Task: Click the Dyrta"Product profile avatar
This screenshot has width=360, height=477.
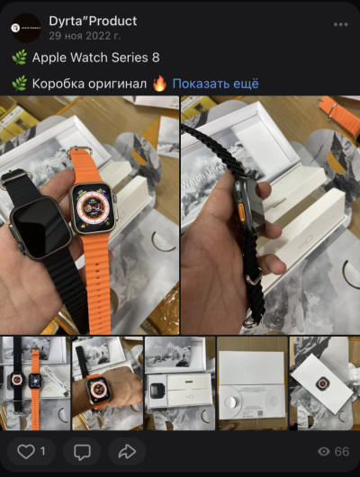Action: tap(27, 28)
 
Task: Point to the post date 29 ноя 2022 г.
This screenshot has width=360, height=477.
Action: tap(85, 35)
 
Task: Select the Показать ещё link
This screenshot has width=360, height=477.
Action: tap(216, 84)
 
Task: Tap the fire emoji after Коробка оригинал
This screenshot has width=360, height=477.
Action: tap(160, 84)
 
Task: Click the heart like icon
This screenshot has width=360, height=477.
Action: tap(26, 451)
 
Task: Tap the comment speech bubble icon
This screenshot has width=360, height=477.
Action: tap(82, 451)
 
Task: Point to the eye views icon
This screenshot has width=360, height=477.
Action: tap(324, 451)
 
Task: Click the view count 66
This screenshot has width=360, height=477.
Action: tap(342, 451)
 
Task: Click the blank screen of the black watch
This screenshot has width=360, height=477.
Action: tap(40, 225)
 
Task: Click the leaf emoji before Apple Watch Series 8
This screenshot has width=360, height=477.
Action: tap(19, 58)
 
